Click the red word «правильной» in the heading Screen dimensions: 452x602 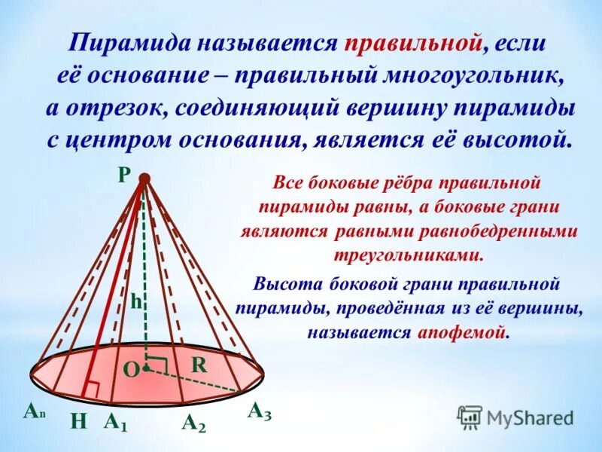[x=412, y=43]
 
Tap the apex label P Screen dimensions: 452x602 [x=123, y=173]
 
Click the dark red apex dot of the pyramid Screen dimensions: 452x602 [x=144, y=179]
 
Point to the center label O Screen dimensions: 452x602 [x=130, y=368]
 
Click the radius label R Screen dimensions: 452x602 [x=199, y=365]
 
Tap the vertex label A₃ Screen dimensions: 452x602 [x=260, y=411]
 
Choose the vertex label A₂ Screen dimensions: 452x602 [x=193, y=423]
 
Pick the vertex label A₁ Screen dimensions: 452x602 [x=115, y=422]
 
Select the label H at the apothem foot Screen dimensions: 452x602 [x=78, y=423]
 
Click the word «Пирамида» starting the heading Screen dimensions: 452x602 [x=129, y=43]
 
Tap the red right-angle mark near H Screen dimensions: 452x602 [x=93, y=388]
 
